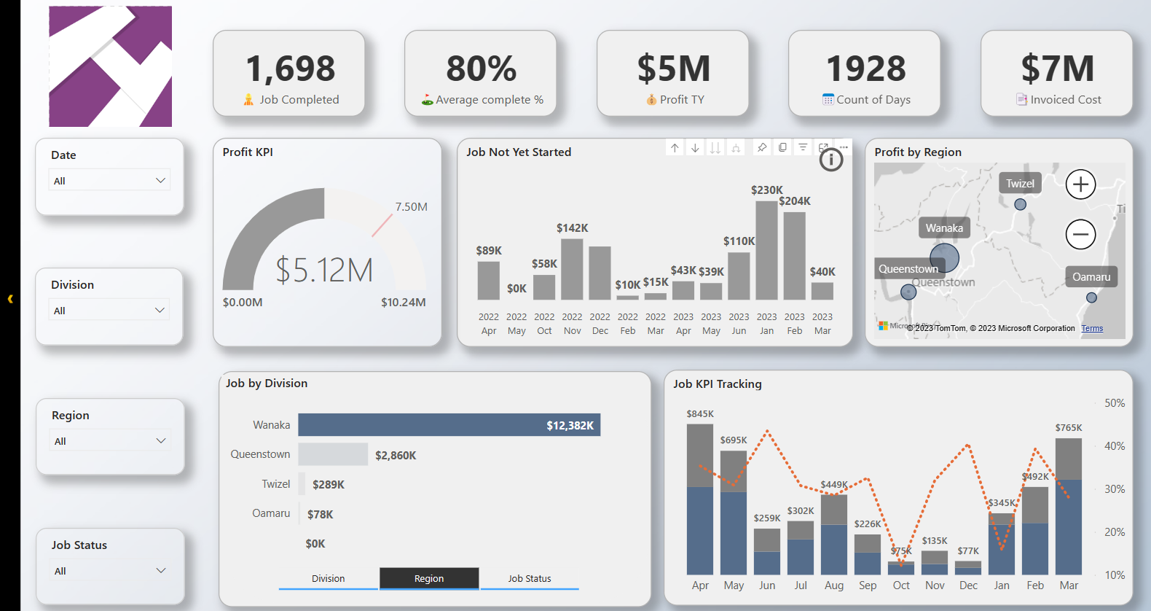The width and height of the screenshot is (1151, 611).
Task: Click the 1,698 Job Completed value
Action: tap(290, 69)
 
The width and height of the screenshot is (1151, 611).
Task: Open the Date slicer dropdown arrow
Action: tap(160, 180)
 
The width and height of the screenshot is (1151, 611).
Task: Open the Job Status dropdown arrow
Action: tap(161, 570)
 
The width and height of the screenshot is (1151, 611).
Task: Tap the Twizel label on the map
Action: tap(1020, 184)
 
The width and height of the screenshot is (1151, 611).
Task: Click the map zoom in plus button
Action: tap(1080, 184)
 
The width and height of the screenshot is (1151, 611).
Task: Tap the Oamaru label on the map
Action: tap(1091, 277)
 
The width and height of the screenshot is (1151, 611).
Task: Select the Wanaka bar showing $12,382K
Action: tap(449, 425)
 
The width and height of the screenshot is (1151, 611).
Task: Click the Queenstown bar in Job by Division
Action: tap(333, 454)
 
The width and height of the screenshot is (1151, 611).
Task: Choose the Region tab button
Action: tap(429, 578)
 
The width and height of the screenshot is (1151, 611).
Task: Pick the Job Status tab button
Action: tap(530, 578)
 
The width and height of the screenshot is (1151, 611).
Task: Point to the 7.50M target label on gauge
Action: tap(411, 207)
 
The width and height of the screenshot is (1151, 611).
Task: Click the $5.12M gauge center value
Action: tap(324, 270)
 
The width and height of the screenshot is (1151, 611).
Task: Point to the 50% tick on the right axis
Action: tap(1115, 403)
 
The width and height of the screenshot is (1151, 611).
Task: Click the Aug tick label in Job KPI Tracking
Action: tap(834, 585)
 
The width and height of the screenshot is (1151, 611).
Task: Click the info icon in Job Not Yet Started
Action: tap(831, 160)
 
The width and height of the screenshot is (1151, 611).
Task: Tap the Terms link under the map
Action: tap(1091, 328)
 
